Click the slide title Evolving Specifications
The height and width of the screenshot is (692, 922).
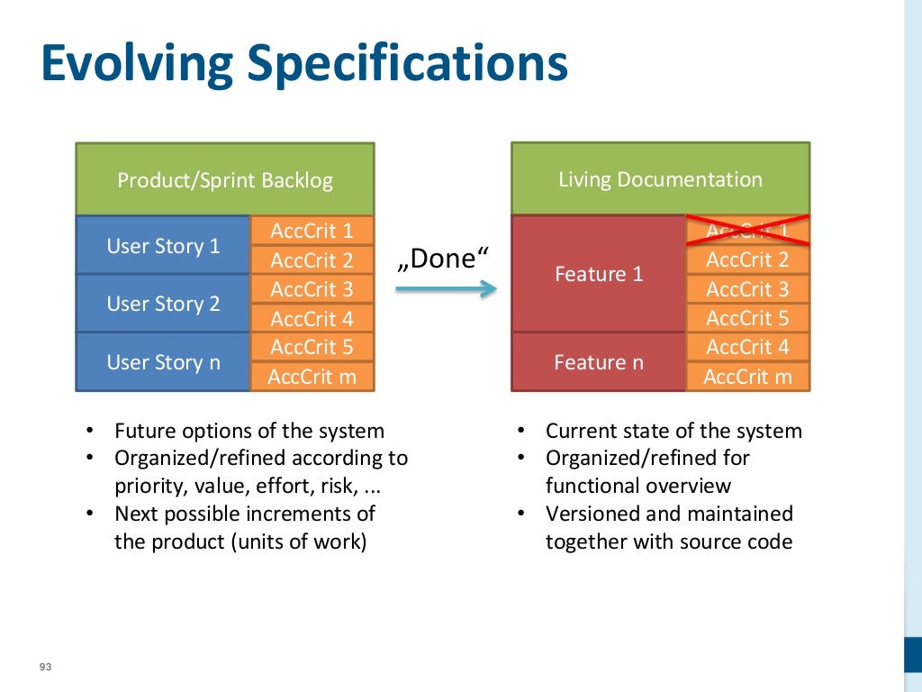tap(304, 64)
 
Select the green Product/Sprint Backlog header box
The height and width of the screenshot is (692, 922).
tap(225, 179)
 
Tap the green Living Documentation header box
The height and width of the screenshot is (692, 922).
tap(660, 178)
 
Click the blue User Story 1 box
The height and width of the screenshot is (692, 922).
tap(163, 245)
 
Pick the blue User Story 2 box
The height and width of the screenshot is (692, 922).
tap(163, 304)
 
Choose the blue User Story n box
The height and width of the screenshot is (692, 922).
tap(163, 362)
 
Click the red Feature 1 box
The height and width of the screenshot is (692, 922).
tap(599, 274)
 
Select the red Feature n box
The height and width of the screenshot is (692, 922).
tap(599, 362)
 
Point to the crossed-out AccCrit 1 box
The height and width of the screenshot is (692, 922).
tap(747, 231)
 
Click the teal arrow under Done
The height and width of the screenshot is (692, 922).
tap(446, 288)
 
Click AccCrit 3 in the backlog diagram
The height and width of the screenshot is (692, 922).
tap(312, 289)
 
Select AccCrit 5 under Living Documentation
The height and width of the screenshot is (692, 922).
tap(747, 318)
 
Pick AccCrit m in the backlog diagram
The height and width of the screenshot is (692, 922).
tap(312, 377)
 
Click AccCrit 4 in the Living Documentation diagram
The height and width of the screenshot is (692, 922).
tap(747, 347)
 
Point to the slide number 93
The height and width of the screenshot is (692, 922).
tap(45, 667)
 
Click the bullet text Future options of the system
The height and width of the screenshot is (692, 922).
tap(249, 431)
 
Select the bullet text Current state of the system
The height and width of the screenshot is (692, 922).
tap(673, 431)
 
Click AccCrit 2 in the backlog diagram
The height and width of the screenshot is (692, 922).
tap(312, 260)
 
